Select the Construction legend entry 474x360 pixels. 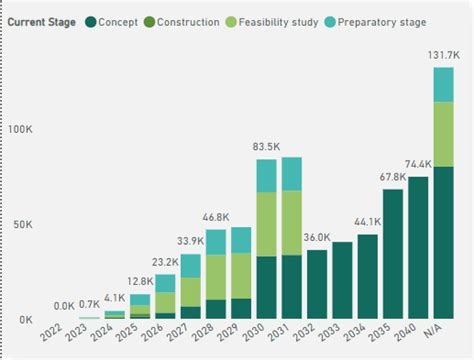point(189,21)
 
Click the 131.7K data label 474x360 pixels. point(443,55)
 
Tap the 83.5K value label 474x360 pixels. point(265,147)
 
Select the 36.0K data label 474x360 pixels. point(316,237)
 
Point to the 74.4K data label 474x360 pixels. point(418,164)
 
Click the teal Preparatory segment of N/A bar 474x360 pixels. point(443,84)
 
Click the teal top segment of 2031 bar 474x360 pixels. point(291,174)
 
